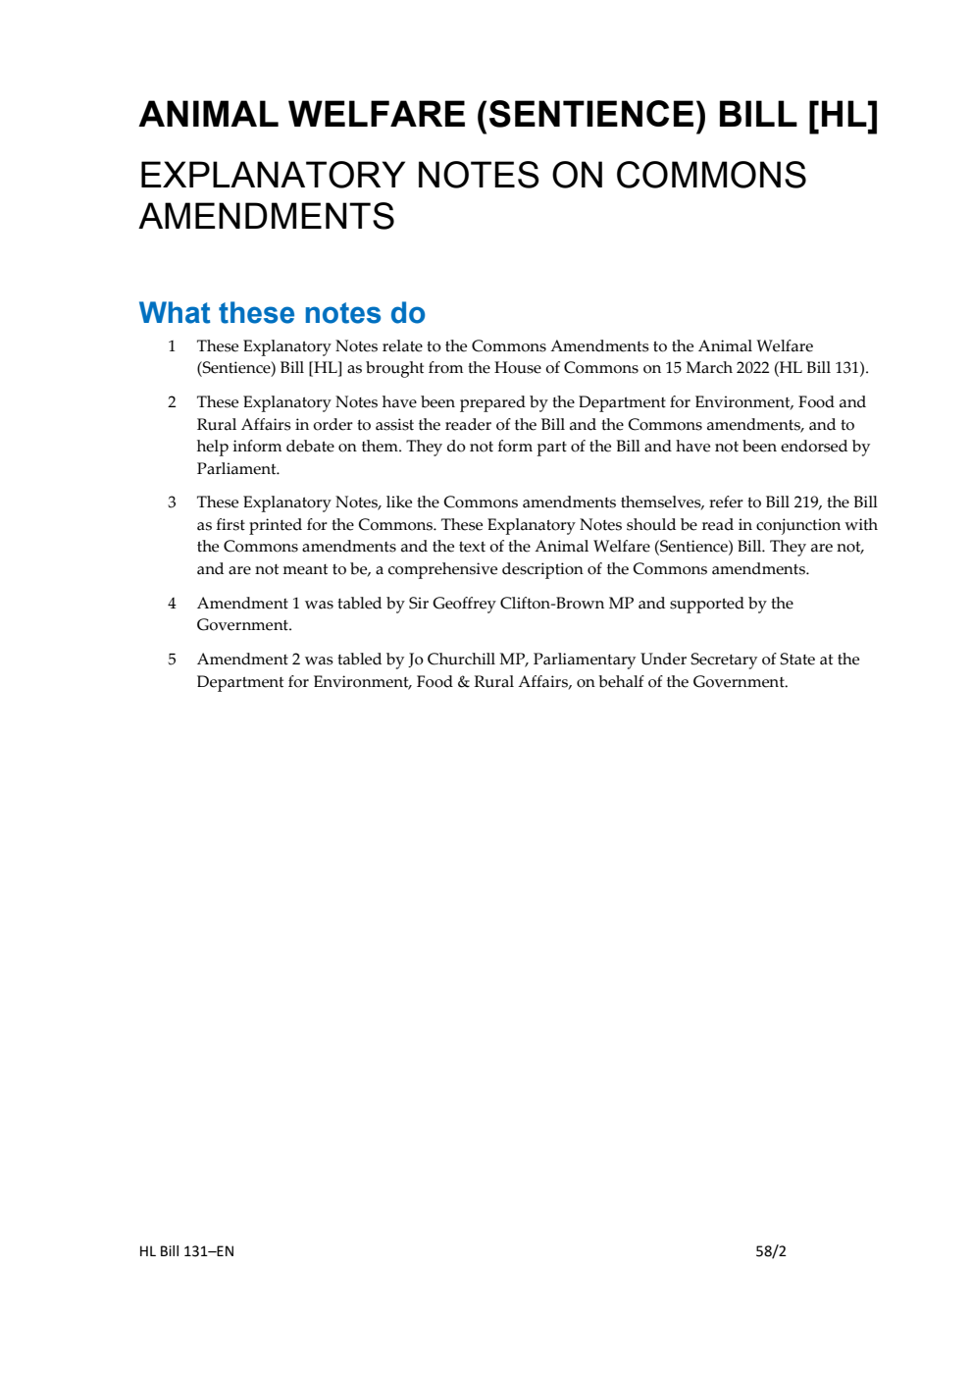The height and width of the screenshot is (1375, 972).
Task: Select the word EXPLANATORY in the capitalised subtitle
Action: pos(271,176)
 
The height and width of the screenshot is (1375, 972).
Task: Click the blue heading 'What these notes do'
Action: pos(282,313)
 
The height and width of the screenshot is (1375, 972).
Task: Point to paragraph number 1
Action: pos(172,346)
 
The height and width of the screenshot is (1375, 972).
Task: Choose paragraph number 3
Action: pos(172,502)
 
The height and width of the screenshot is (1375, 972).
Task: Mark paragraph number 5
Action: pos(172,660)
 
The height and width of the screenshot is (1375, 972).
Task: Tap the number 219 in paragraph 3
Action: pos(806,502)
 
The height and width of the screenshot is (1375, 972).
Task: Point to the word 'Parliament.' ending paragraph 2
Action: pos(238,469)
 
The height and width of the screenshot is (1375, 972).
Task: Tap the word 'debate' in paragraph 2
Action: pos(310,447)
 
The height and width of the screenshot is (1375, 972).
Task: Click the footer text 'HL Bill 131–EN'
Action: pos(186,1251)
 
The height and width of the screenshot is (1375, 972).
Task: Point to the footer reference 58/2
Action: pos(771,1251)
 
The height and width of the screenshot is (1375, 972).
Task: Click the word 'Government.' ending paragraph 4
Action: pos(244,625)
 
